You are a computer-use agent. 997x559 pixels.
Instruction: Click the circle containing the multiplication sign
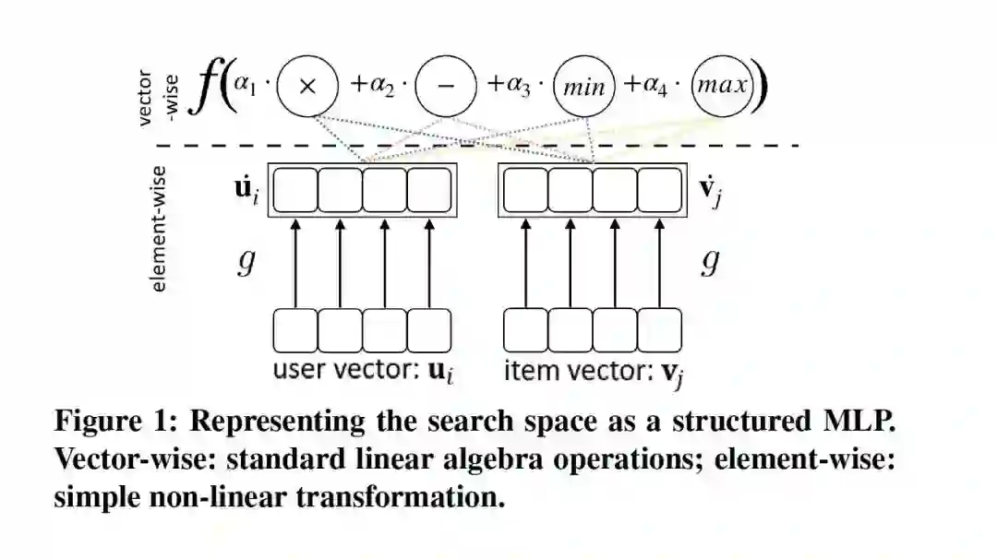pos(308,86)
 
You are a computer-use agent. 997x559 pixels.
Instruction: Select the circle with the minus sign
pos(446,86)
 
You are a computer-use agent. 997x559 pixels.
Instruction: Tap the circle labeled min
pos(583,88)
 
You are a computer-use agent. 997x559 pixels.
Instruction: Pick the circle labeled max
pos(723,87)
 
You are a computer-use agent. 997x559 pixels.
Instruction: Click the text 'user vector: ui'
pos(365,372)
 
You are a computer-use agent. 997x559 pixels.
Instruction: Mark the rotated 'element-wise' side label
pos(160,229)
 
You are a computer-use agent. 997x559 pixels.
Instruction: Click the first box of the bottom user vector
pos(295,330)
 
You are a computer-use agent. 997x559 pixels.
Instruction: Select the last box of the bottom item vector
pos(659,330)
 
